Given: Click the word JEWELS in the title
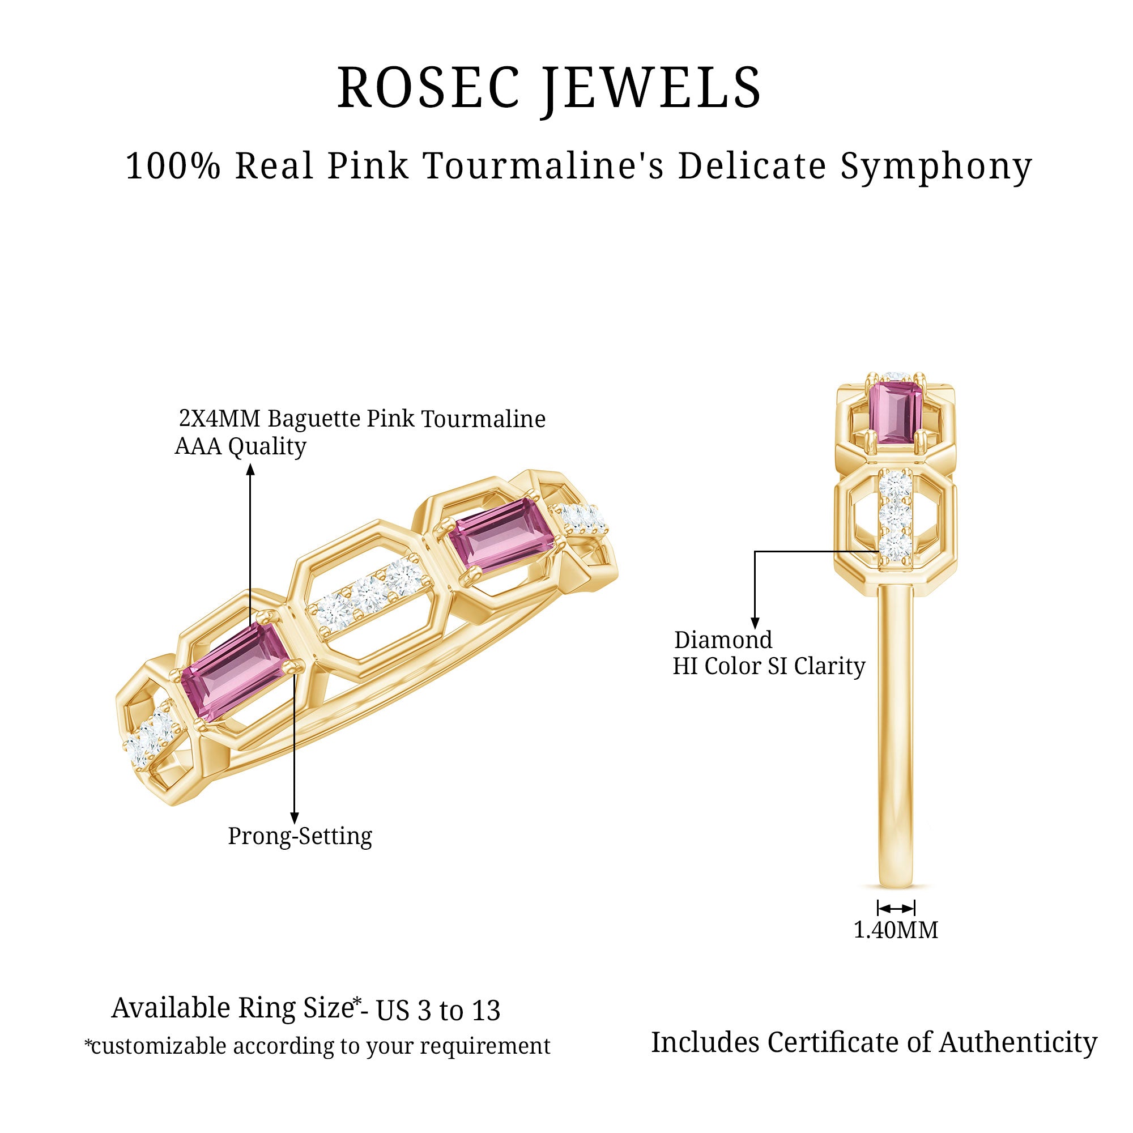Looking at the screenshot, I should point(651,88).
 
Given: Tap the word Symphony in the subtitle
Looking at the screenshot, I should point(936,167).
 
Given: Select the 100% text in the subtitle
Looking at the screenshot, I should point(173,167).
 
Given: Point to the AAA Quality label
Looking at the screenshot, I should point(240,447).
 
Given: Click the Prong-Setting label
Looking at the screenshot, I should point(300,836).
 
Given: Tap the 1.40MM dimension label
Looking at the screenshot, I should point(896,930).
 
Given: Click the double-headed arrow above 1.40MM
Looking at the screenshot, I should point(896,909).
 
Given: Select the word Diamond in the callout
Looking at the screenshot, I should point(723,640).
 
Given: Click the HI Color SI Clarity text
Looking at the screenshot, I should point(769,666).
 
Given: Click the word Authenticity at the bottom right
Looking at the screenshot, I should point(1018,1043).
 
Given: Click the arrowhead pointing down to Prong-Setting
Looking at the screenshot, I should point(295,818).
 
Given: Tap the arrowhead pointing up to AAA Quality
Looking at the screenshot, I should point(250,469).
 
